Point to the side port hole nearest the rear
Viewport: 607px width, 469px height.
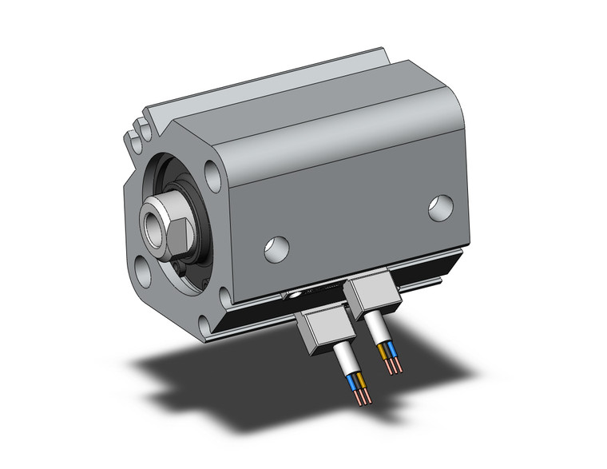click(439, 208)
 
